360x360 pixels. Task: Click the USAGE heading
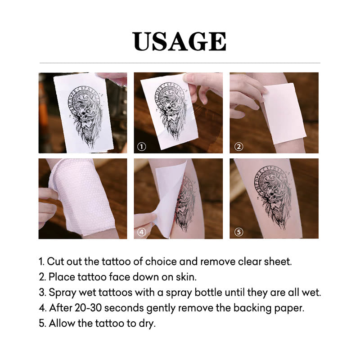(x=180, y=41)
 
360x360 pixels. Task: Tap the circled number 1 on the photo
(x=141, y=147)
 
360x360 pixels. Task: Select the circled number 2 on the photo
(x=239, y=147)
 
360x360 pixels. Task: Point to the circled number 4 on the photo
(x=141, y=232)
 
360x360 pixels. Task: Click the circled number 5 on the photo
(x=239, y=232)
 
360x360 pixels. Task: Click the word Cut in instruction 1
(x=56, y=261)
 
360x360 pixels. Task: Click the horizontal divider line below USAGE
(x=180, y=63)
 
